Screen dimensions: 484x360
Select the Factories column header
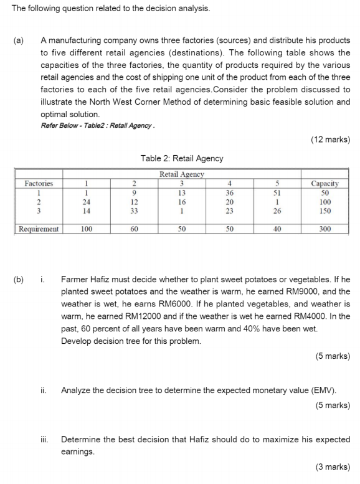tap(39, 184)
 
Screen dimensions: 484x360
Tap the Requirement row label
tap(39, 229)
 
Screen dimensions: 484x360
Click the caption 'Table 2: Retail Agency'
tap(182, 159)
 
